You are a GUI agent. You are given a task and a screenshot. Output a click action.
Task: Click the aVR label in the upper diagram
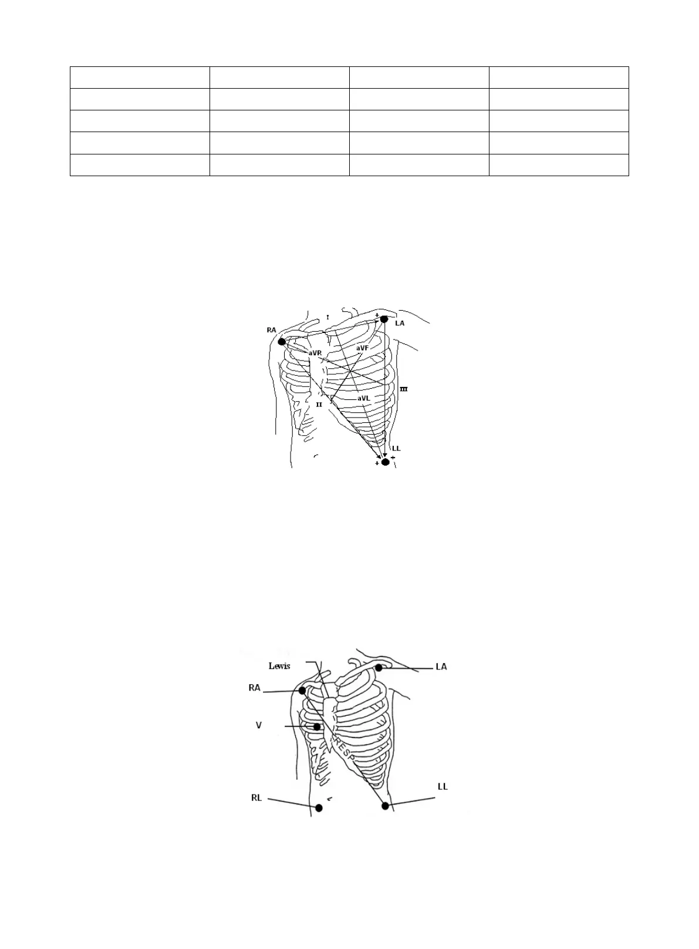pos(315,353)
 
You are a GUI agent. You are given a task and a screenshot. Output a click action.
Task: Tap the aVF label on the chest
pos(362,348)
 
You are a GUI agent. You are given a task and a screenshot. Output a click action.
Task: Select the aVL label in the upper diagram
pos(364,398)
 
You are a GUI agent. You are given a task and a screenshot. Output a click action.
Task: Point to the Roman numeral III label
pos(404,389)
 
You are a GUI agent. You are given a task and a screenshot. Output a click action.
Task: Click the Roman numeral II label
pos(319,405)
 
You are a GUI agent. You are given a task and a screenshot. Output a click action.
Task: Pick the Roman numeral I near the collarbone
pos(328,317)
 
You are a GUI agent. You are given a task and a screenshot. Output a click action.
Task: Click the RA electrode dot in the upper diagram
pos(282,342)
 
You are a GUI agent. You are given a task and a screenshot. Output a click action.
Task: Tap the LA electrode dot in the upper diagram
pos(384,319)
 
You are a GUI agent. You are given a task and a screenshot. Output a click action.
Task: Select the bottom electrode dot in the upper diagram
pos(385,462)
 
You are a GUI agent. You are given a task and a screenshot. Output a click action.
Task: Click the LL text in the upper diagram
pos(396,448)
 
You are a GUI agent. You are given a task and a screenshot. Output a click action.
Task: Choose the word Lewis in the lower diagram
pos(279,666)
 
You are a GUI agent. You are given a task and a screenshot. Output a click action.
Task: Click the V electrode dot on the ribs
pos(317,727)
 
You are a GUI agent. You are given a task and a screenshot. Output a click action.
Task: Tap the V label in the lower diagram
pos(258,726)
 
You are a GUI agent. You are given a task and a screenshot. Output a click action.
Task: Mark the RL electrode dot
pos(319,808)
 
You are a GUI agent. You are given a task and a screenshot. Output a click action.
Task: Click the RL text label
pos(256,798)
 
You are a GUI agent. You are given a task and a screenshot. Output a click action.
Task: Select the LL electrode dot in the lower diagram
pos(385,806)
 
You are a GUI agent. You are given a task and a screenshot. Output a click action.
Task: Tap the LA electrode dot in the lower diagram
pos(379,668)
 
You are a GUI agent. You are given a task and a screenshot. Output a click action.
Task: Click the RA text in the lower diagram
pos(254,688)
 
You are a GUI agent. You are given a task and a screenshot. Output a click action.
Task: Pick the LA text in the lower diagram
pos(441,667)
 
